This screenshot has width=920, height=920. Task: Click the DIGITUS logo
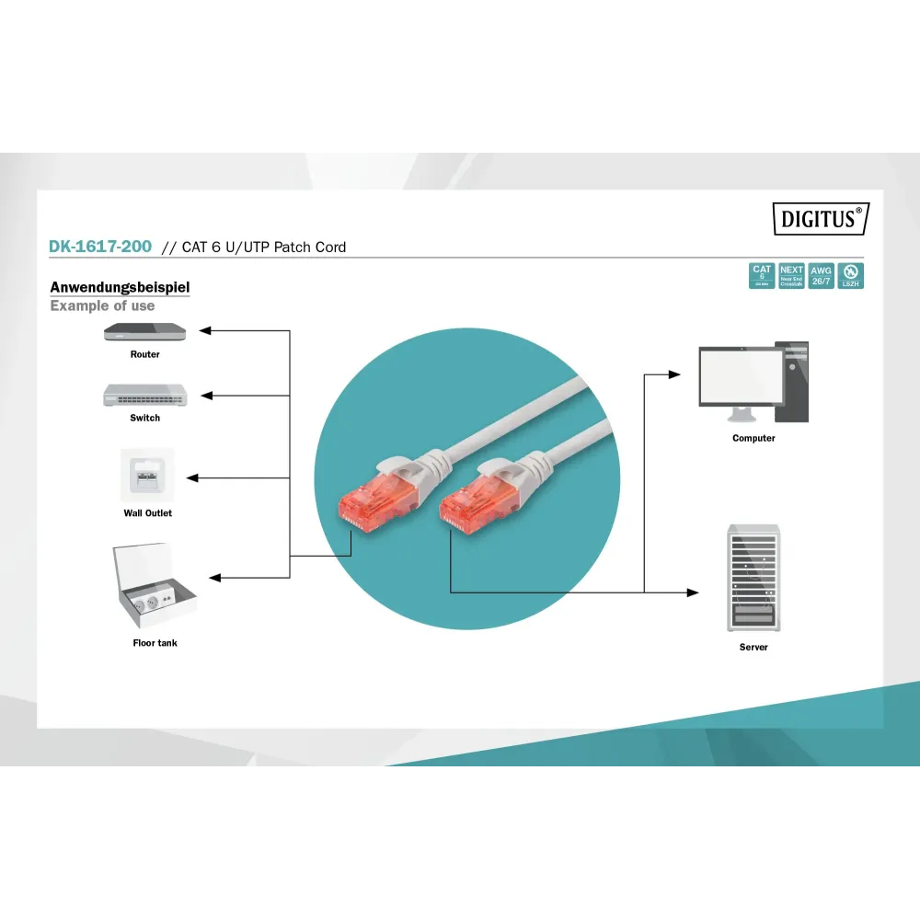point(820,218)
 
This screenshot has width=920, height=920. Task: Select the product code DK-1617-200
point(100,247)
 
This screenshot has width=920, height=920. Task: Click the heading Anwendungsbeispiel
point(120,287)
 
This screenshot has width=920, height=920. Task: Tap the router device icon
point(144,332)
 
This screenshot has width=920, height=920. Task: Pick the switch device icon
point(144,395)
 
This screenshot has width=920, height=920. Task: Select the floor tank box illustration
point(154,584)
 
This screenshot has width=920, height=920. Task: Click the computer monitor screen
point(736,376)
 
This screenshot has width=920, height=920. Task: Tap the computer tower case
point(791,382)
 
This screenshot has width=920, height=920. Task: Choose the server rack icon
point(753,578)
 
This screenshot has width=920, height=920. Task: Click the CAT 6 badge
point(762,276)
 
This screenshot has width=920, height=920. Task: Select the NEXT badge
point(791,276)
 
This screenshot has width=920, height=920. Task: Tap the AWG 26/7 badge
point(821,276)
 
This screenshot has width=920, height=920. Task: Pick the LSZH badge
point(850,276)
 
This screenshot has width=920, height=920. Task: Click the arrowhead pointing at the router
point(206,330)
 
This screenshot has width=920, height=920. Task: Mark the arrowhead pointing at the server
point(693,592)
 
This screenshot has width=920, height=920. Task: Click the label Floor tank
point(155,643)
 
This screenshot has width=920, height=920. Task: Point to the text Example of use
point(102,305)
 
